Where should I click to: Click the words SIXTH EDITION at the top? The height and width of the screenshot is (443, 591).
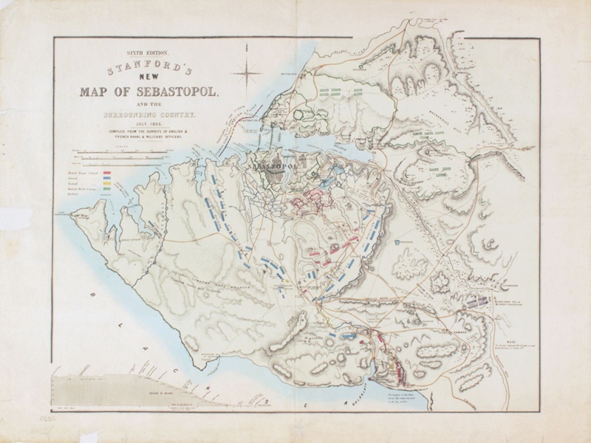tap(148, 54)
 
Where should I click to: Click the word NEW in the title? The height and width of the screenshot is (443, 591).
tap(148, 78)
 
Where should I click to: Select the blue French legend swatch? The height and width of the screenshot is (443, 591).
tap(107, 178)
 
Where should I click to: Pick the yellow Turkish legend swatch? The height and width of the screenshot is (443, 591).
tap(107, 183)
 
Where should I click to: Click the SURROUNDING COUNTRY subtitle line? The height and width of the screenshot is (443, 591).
tap(148, 115)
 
